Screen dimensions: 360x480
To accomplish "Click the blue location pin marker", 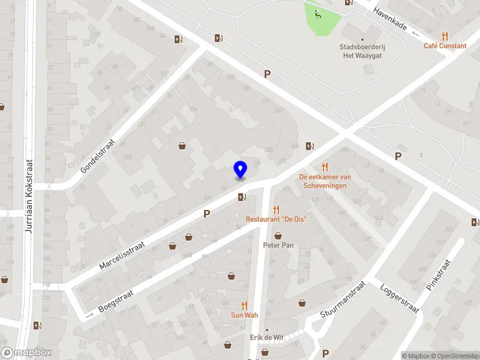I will click(240, 169).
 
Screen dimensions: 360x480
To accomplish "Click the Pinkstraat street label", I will click(437, 275).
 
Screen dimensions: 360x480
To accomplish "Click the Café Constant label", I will click(445, 46).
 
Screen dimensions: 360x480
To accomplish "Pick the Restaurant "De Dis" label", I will click(276, 219).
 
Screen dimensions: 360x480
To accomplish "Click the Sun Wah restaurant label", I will click(244, 315).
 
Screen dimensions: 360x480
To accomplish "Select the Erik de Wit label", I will click(266, 337).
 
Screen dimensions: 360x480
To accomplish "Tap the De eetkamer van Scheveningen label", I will click(325, 181).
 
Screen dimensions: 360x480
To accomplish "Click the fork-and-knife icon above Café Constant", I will click(445, 35).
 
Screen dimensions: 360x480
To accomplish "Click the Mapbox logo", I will click(26, 353).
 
